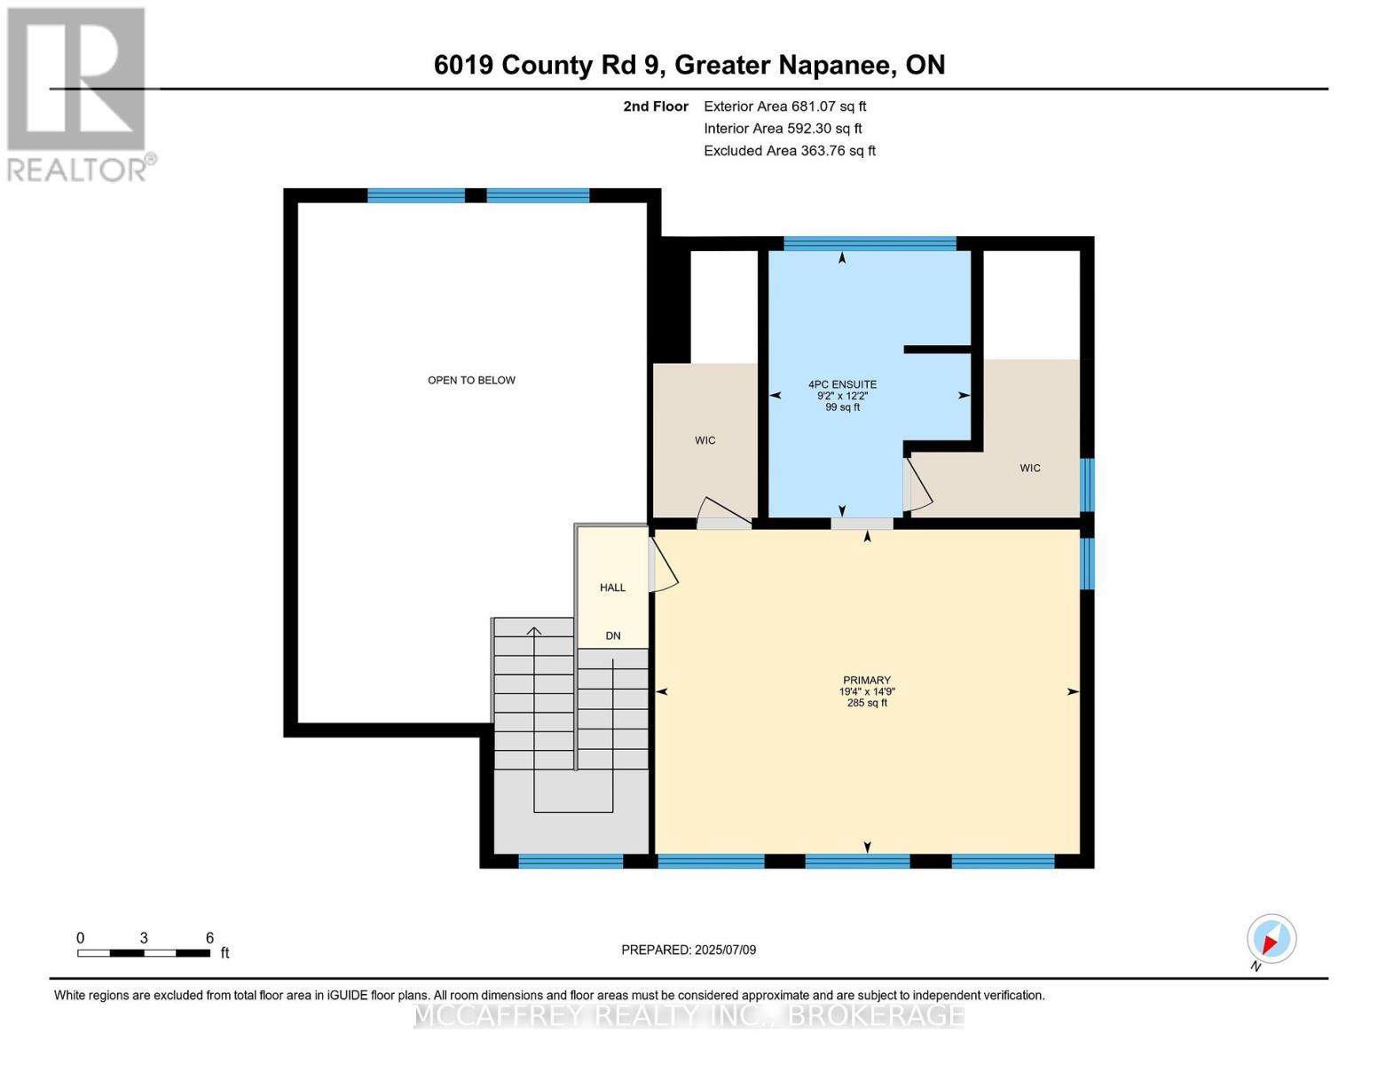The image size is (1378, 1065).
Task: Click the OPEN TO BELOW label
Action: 471,380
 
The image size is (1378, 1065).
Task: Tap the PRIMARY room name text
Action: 866,680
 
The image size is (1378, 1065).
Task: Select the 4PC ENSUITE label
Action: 842,384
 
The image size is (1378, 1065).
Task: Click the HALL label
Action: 612,588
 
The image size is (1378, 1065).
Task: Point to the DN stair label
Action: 612,635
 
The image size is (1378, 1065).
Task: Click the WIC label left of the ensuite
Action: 705,440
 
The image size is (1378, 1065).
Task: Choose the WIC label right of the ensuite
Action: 1029,468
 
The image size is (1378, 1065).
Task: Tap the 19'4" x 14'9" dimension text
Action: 866,691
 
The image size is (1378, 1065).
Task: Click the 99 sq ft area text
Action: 842,407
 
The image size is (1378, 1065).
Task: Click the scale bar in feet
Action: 144,952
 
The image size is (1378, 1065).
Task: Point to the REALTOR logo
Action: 78,93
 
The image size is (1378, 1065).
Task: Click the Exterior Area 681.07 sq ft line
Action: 784,106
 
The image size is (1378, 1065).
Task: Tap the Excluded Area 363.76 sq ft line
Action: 789,151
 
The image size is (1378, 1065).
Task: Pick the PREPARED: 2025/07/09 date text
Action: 689,950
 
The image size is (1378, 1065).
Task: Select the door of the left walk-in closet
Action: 724,513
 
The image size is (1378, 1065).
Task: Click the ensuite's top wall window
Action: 869,244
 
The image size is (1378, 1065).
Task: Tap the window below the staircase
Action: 571,860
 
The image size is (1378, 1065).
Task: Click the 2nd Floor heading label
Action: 656,106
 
